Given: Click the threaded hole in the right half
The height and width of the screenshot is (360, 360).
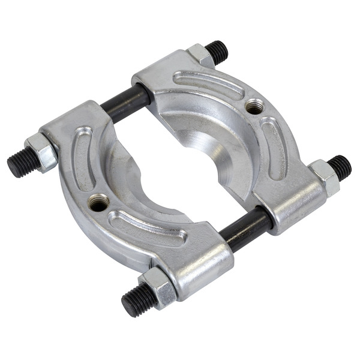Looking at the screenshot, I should click(x=254, y=106).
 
